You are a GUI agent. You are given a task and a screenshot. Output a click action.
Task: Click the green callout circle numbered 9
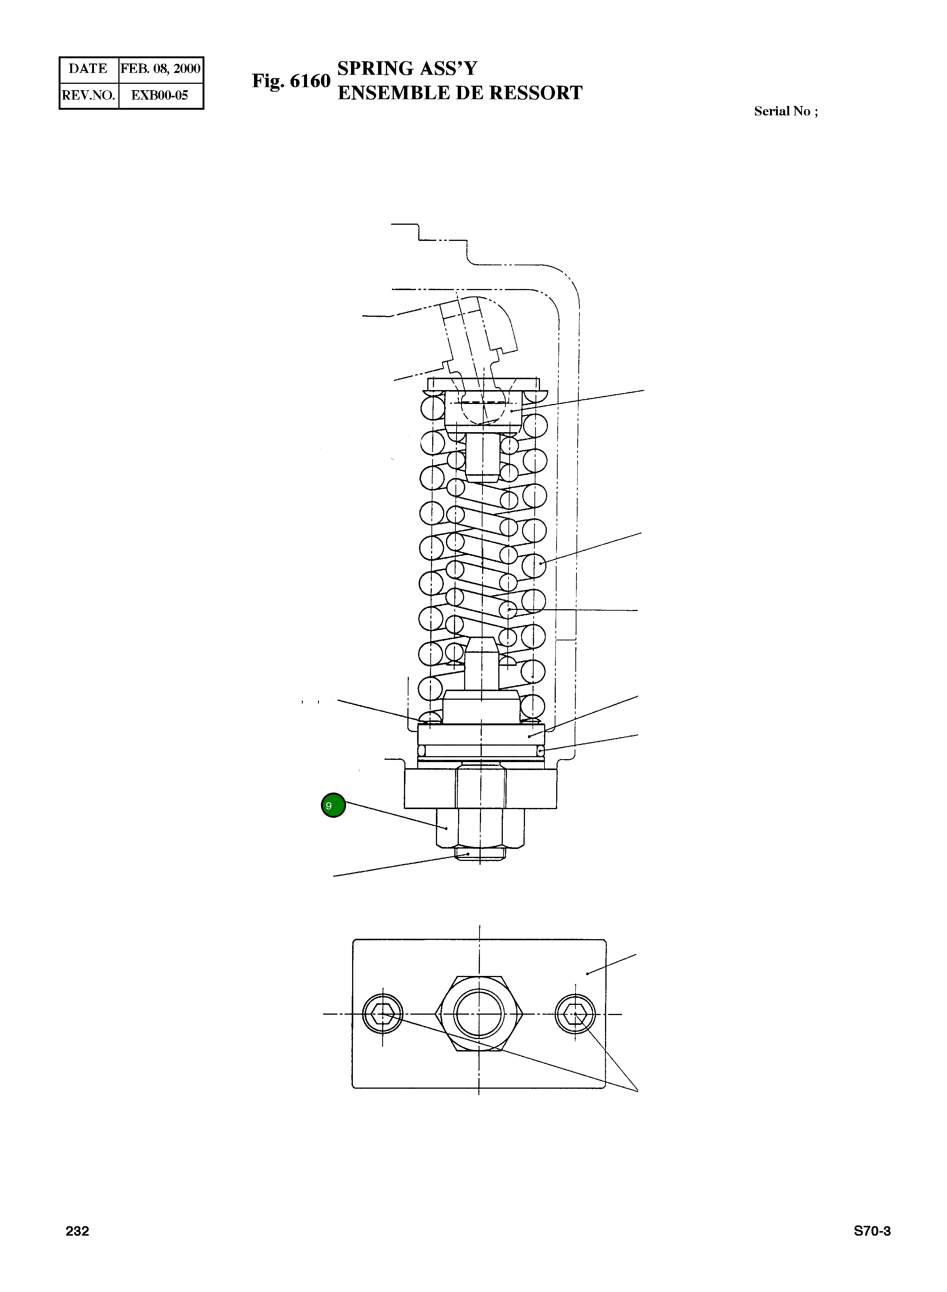pyautogui.click(x=333, y=805)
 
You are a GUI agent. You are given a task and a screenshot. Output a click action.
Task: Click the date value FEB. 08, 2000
pyautogui.click(x=160, y=69)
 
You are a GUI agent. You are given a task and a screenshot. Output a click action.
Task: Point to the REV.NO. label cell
pyautogui.click(x=88, y=95)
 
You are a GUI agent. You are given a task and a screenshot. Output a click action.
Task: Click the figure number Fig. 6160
pyautogui.click(x=291, y=81)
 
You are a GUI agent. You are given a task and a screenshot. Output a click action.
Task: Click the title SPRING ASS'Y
pyautogui.click(x=407, y=68)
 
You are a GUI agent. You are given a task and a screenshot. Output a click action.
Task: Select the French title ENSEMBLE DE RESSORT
pyautogui.click(x=460, y=93)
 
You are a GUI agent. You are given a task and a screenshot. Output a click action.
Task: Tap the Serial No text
pyautogui.click(x=785, y=111)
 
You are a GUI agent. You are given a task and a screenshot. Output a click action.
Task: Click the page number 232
pyautogui.click(x=77, y=1231)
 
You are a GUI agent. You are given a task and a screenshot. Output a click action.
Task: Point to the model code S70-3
pyautogui.click(x=872, y=1231)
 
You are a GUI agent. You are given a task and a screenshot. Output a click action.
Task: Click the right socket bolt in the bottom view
pyautogui.click(x=575, y=1014)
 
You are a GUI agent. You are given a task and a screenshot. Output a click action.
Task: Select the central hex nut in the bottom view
pyautogui.click(x=479, y=1014)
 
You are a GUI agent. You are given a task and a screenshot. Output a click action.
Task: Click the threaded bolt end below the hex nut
pyautogui.click(x=480, y=853)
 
